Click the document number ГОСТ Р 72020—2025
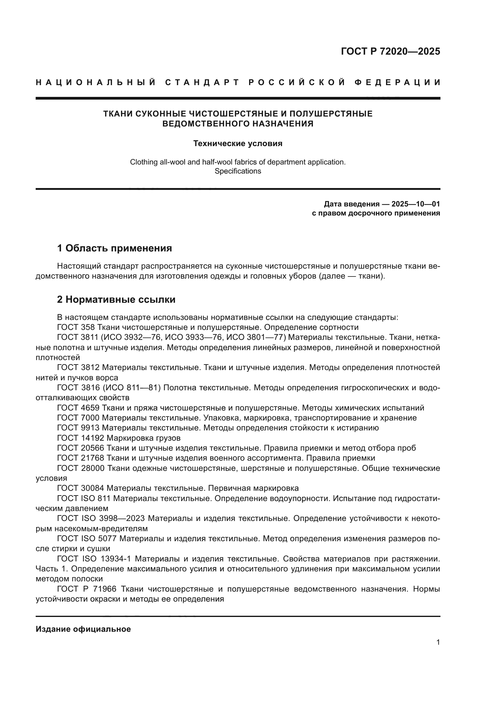coord(390,51)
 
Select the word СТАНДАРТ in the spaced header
coord(202,82)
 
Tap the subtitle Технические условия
coord(238,144)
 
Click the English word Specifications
coord(238,171)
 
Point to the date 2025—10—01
coord(416,204)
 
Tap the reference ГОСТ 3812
coord(78,367)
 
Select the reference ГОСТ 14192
coord(80,438)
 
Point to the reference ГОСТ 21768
coord(80,458)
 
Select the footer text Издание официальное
coord(83,629)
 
